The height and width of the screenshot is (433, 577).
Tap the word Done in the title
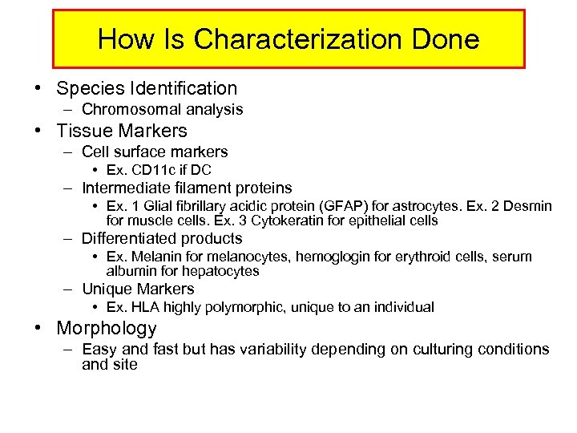443,39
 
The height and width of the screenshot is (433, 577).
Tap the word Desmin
529,206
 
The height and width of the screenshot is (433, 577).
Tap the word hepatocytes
219,271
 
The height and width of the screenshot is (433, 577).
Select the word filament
200,188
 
